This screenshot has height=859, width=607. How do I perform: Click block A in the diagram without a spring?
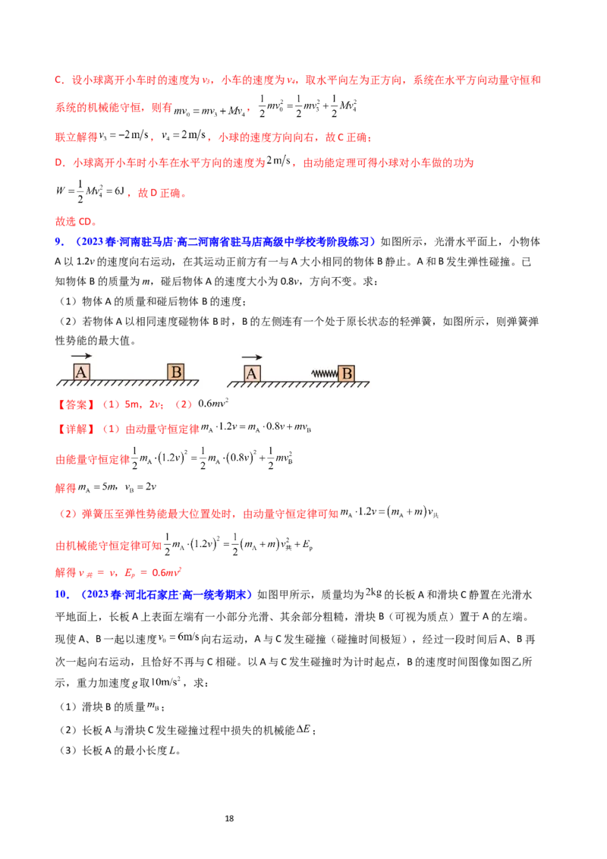point(82,372)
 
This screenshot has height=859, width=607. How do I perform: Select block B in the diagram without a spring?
point(176,372)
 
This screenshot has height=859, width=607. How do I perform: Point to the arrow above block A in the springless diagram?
point(82,355)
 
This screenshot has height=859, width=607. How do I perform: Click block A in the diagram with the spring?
point(253,373)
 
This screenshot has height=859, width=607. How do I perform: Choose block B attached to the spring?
point(347,373)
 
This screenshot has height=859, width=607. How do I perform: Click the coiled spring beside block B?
point(324,373)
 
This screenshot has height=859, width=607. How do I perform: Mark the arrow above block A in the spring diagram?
point(253,356)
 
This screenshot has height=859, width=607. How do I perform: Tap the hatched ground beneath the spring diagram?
point(300,385)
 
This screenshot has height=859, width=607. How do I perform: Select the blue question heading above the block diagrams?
point(220,242)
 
